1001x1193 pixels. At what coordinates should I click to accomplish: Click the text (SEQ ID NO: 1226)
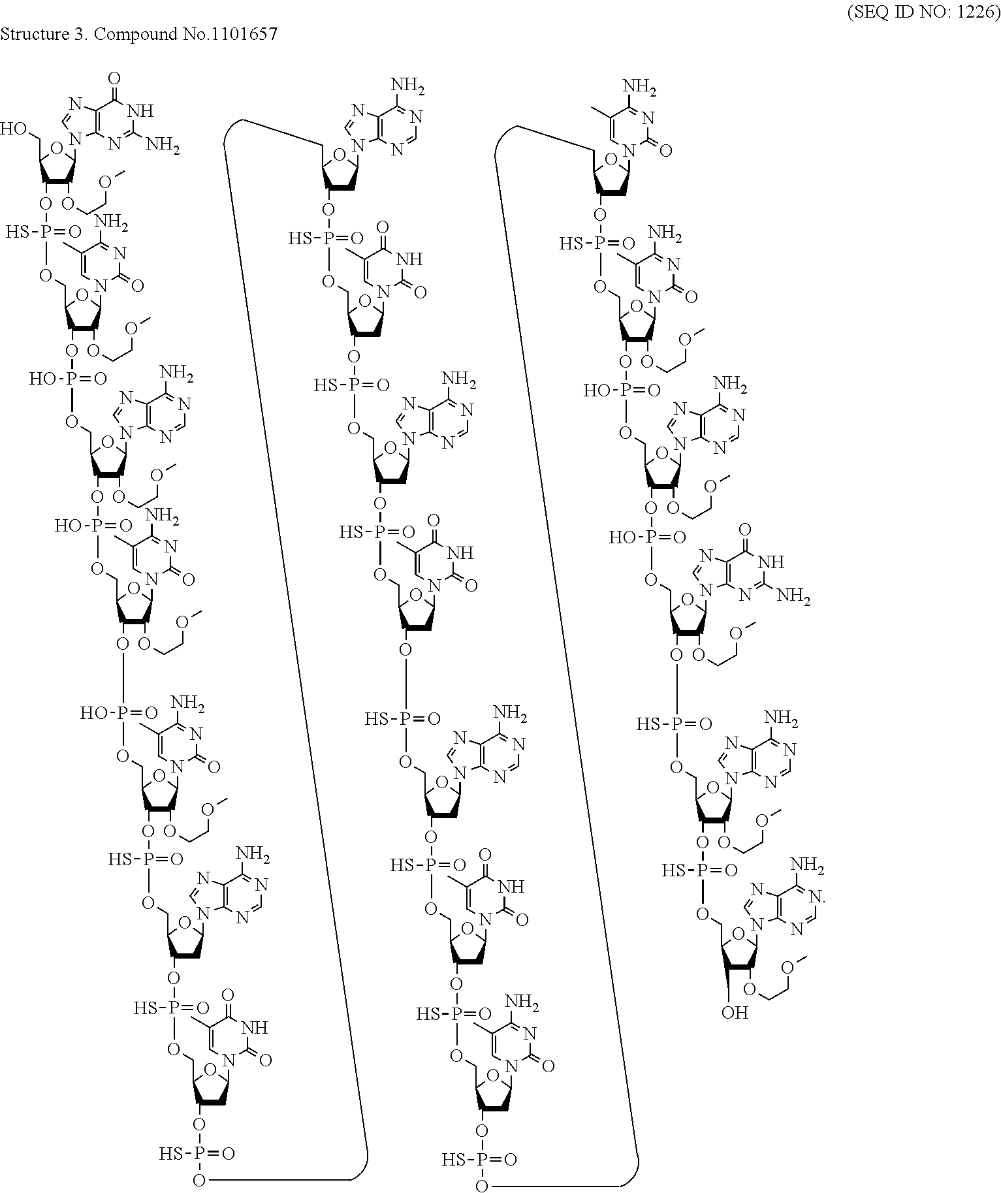[x=923, y=14]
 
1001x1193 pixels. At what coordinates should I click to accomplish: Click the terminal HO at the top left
[x=13, y=129]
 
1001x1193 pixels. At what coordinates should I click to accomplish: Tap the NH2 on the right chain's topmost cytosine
[x=639, y=86]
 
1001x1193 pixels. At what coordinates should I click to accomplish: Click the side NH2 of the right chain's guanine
[x=795, y=596]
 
